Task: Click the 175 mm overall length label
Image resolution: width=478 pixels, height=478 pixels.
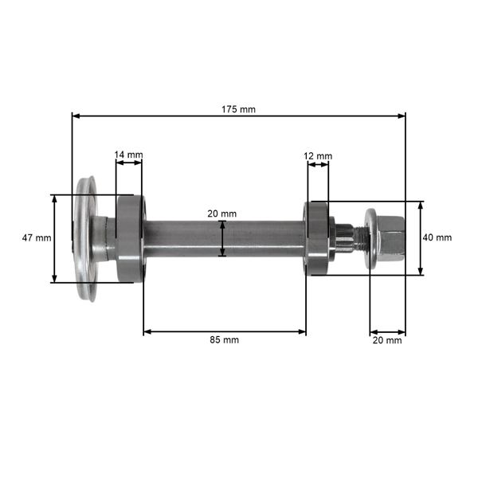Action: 239,109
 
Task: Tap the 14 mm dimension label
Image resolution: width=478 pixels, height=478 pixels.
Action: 128,154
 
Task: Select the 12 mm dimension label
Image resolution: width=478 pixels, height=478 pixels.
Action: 319,155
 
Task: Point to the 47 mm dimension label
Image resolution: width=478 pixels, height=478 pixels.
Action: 36,237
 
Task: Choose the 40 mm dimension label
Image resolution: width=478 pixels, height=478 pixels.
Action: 437,237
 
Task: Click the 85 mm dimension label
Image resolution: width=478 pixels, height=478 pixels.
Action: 225,339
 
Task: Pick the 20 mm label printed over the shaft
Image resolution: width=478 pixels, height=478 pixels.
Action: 222,214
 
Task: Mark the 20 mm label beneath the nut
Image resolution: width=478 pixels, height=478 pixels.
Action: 388,340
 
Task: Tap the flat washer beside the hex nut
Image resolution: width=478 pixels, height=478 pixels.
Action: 371,237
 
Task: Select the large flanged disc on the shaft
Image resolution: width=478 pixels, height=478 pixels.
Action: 85,237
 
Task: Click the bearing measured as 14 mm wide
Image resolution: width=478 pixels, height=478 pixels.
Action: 128,237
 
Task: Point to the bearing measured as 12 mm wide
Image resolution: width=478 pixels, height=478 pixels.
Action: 316,237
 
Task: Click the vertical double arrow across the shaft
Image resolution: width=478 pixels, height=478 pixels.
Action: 224,238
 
